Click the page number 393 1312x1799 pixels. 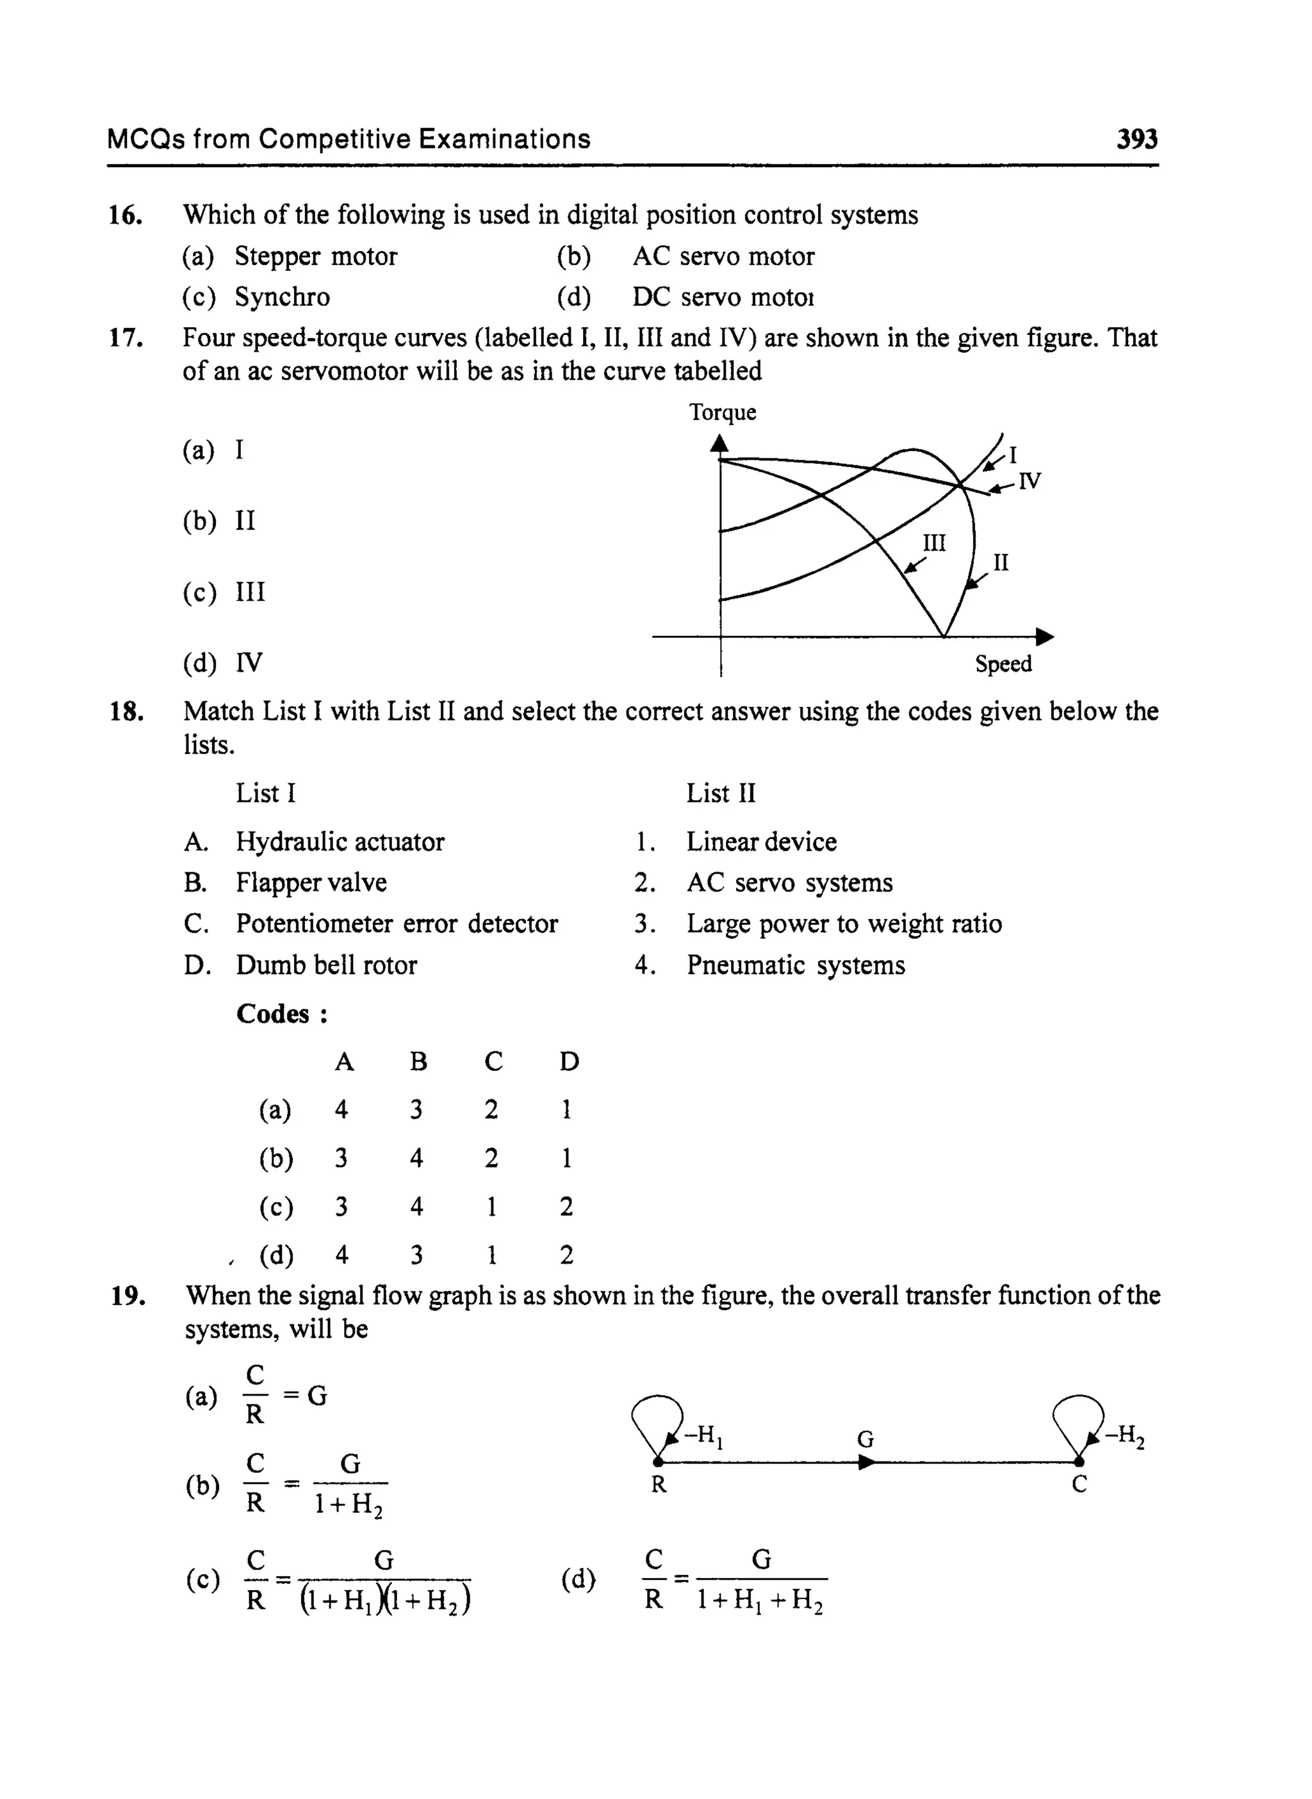[x=1136, y=139]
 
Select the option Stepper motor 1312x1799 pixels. [x=315, y=256]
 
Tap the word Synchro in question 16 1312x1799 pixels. [x=282, y=297]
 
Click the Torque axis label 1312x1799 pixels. [x=722, y=412]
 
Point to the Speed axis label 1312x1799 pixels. [x=1003, y=663]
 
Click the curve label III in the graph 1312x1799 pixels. [x=934, y=543]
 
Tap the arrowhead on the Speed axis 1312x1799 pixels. [x=1044, y=637]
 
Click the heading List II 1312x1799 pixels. [x=720, y=793]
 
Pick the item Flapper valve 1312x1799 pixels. [x=311, y=883]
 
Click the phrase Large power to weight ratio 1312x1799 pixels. [x=844, y=924]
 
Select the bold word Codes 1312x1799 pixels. [x=273, y=1014]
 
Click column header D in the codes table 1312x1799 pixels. [x=569, y=1061]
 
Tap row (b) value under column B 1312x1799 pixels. [x=416, y=1159]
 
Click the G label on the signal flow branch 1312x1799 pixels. [x=865, y=1439]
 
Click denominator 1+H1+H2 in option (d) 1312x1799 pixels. [x=759, y=1600]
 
